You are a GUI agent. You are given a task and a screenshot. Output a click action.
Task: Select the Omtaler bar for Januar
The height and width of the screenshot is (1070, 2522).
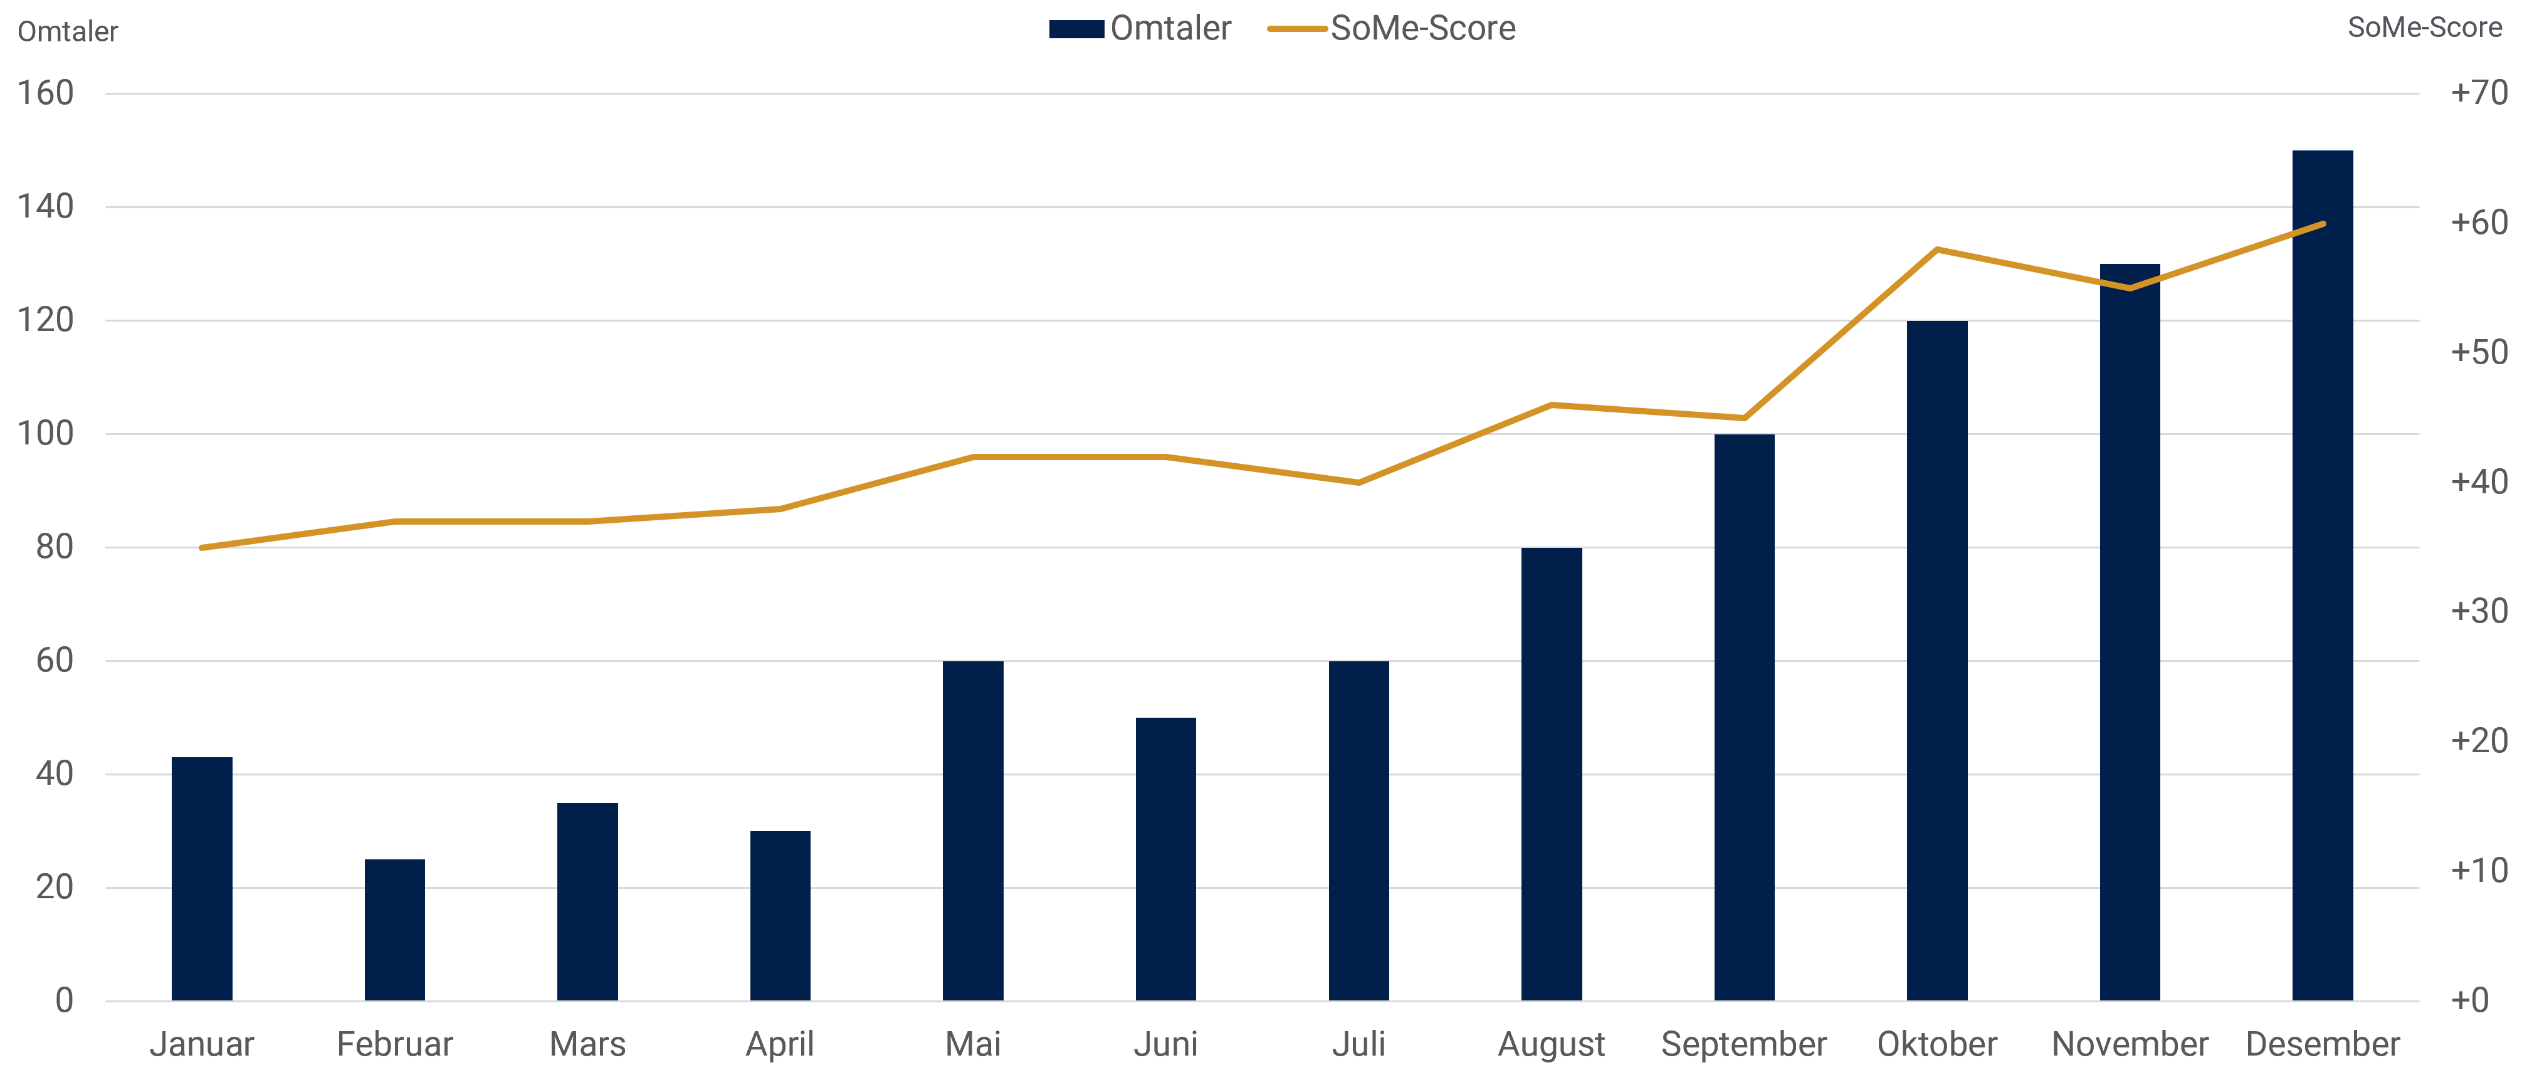(202, 878)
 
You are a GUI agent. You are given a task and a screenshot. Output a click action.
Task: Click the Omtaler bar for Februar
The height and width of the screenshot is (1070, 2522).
(394, 930)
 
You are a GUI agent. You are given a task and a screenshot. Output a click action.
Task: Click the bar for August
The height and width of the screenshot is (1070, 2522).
(1551, 774)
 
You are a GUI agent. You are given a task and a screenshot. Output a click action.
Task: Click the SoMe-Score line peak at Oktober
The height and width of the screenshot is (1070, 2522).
(1936, 249)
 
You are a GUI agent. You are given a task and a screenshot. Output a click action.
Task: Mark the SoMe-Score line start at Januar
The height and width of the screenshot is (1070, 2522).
(202, 547)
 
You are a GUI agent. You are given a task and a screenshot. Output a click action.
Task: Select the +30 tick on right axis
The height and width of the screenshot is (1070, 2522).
(2479, 611)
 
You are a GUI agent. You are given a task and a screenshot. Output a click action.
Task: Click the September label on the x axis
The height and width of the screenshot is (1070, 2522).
(1743, 1044)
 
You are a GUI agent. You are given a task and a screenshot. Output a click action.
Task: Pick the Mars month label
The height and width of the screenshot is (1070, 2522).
(587, 1044)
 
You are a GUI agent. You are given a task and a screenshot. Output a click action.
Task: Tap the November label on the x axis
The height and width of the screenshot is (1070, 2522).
(2130, 1044)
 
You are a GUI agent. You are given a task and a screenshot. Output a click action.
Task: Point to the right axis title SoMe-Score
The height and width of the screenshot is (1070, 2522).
(2424, 28)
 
